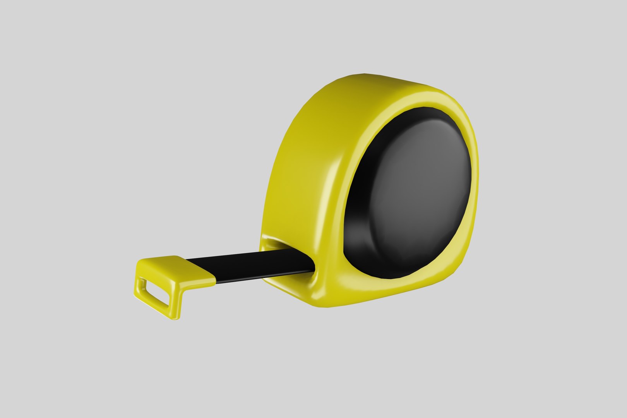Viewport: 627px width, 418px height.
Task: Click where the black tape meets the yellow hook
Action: click(215, 276)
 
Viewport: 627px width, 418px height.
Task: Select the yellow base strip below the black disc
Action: click(387, 292)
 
